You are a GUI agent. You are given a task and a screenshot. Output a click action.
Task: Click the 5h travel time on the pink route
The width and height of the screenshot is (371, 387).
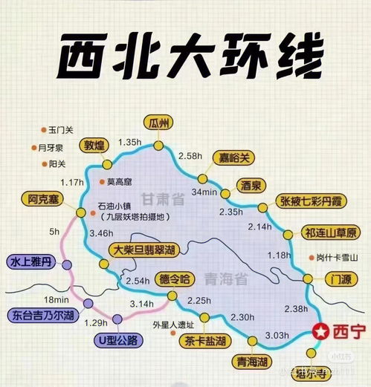point(54,232)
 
